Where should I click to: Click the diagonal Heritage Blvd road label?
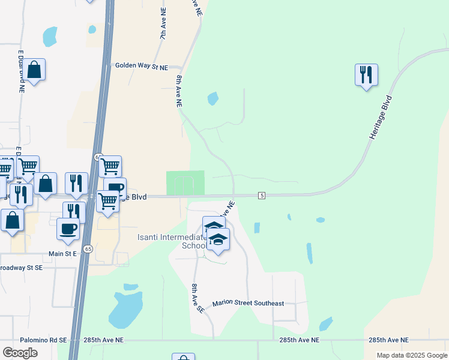point(381,118)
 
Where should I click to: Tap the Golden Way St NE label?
point(141,66)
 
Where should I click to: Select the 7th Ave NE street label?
point(162,25)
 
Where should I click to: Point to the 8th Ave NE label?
point(178,91)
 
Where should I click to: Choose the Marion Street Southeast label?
point(248,304)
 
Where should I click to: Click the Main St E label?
point(62,254)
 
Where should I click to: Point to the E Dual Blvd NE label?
point(20,71)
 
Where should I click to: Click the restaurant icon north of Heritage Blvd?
point(366,76)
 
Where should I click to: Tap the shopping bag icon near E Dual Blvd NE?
point(34,70)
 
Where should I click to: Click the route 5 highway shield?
point(262,196)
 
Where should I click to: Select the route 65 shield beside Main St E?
point(88,249)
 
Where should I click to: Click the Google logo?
point(20,353)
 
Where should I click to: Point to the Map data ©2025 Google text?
point(411,355)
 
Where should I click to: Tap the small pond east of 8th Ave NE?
point(212,98)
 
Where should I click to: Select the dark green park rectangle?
point(185,182)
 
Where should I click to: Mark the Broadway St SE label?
point(21,267)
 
